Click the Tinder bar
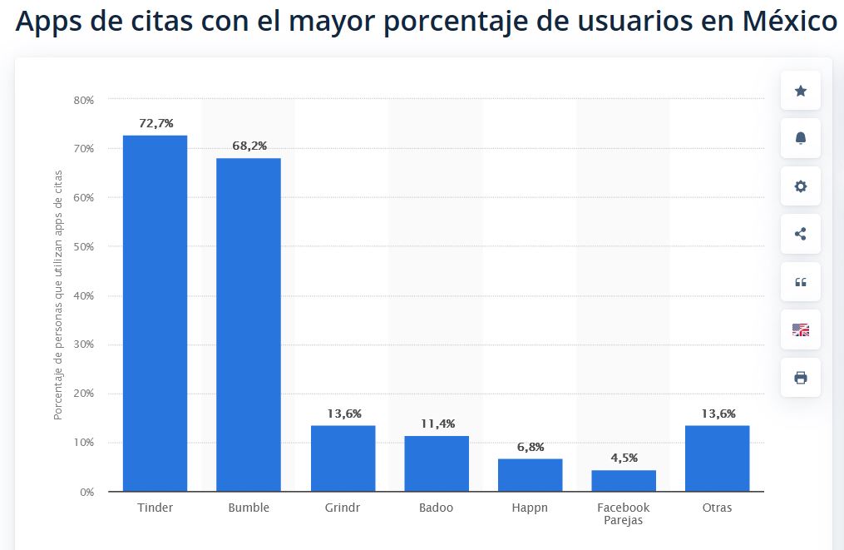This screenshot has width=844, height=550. [155, 313]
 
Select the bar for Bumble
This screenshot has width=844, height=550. [249, 325]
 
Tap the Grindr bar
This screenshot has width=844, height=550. [343, 458]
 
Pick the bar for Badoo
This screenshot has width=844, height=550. [437, 463]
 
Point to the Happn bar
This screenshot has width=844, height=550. [531, 474]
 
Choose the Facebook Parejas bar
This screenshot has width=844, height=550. [624, 480]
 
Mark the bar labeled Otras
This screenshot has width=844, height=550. [717, 458]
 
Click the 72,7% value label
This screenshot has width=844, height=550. [156, 123]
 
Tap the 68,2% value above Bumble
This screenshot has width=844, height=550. [249, 146]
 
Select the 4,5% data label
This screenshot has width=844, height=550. [624, 458]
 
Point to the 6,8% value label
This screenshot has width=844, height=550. [531, 447]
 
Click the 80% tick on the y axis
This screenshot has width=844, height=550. [84, 100]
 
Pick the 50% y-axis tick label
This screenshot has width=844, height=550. [84, 247]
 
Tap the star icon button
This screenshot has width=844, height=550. [801, 91]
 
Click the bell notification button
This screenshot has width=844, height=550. [801, 138]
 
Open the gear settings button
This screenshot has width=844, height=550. [801, 186]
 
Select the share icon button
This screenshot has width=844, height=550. [801, 234]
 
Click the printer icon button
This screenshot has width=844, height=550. [801, 378]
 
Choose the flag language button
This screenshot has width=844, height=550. [801, 330]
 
